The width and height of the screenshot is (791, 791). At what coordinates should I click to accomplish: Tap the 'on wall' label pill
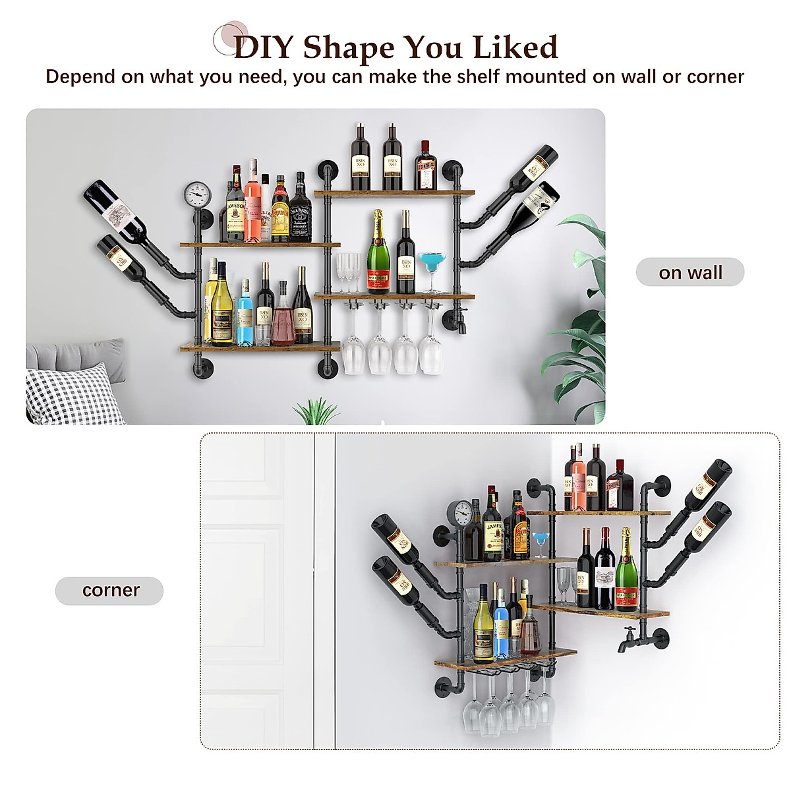[x=690, y=272]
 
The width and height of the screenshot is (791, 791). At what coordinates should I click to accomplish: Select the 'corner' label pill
[x=109, y=590]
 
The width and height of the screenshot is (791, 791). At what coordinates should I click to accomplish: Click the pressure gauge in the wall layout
[x=197, y=195]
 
